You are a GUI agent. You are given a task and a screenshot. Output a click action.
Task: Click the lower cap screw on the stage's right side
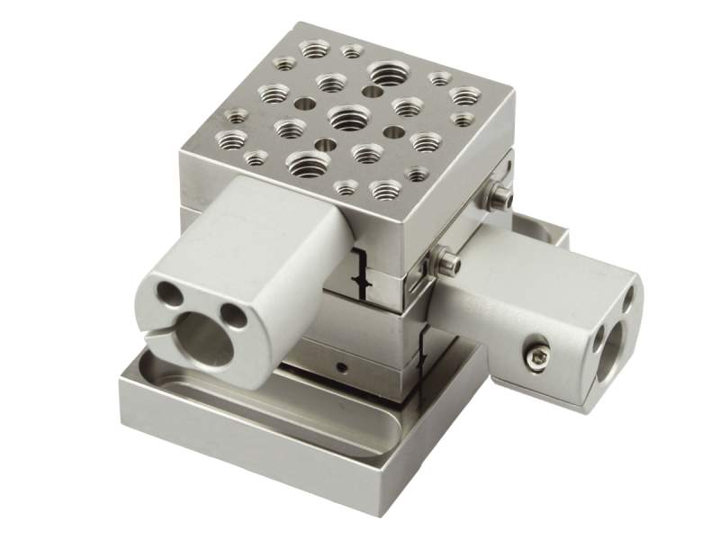448,264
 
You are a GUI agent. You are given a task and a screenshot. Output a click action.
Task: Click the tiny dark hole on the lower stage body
343,367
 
